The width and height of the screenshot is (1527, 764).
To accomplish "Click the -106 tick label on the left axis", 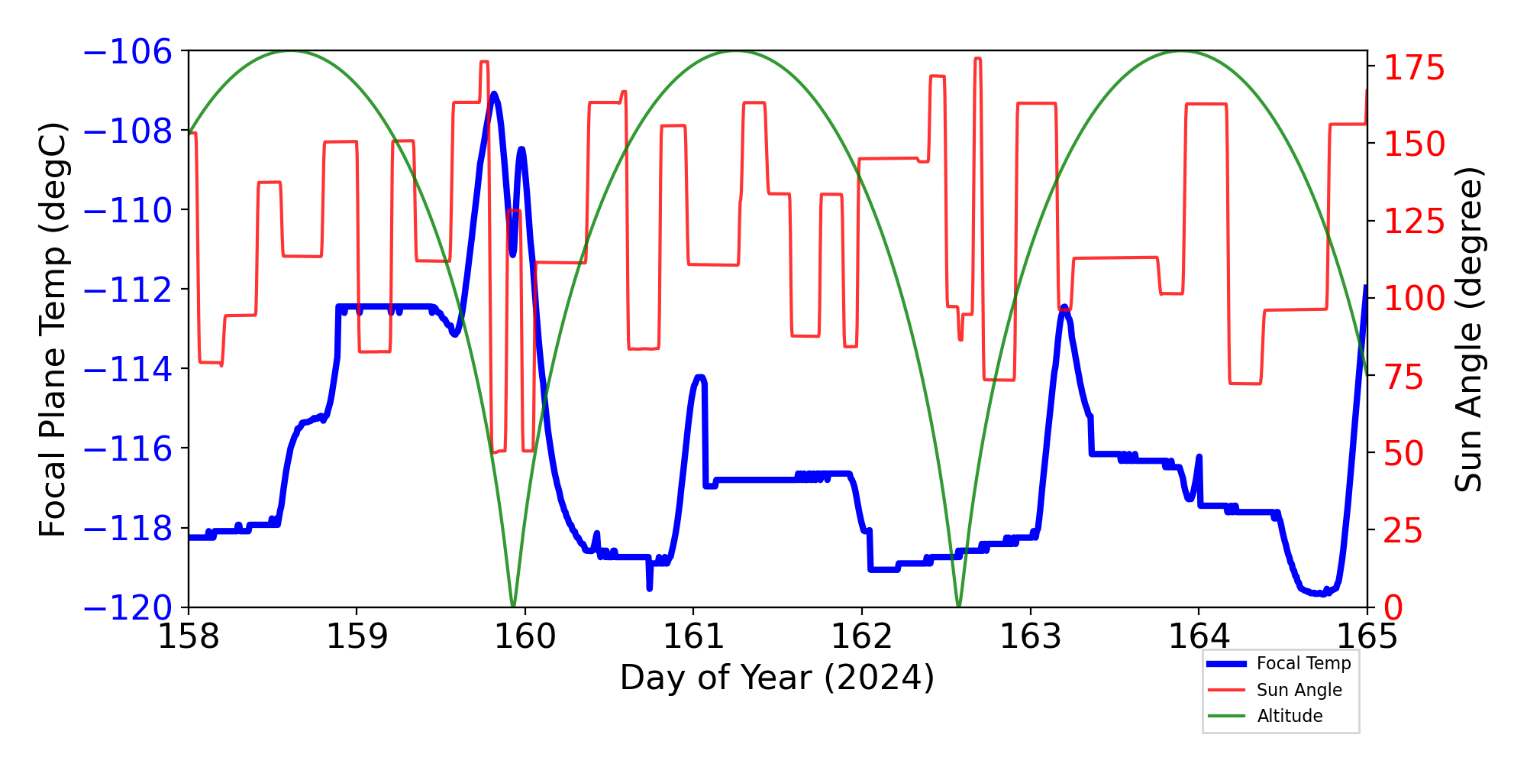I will [128, 52].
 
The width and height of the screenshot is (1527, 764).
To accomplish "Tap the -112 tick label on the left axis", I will [128, 290].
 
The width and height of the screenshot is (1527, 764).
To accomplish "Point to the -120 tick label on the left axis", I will [128, 608].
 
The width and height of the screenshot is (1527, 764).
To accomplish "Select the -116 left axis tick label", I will [128, 449].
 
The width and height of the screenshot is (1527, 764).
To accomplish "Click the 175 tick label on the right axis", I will [1415, 68].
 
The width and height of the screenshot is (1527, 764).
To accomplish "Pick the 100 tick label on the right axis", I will [1415, 299].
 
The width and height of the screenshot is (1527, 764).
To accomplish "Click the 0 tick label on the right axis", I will [1394, 608].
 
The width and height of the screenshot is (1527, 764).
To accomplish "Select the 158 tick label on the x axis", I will [189, 636].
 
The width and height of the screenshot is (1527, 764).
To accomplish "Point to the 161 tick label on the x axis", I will [693, 636].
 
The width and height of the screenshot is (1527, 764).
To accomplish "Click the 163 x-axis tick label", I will [1031, 636].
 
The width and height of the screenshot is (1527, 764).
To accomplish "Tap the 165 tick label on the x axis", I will [1367, 636].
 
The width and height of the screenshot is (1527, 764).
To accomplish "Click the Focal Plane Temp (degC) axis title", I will [53, 329].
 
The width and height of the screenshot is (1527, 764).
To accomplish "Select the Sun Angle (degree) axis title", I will [1468, 329].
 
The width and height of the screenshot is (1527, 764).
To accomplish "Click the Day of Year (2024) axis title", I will [777, 678].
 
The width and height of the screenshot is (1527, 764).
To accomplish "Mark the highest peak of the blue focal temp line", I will [494, 95].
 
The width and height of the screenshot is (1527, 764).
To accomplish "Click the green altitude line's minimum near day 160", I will [513, 605].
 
